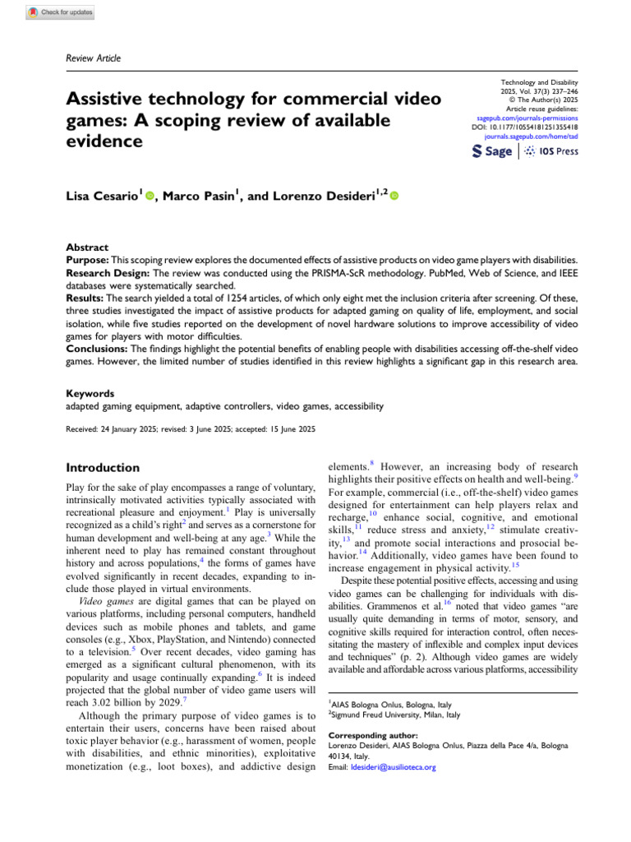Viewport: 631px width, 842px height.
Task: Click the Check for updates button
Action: coord(61,12)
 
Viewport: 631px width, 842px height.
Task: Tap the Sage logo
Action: coord(492,151)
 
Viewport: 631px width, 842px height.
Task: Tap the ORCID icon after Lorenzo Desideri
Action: coord(394,197)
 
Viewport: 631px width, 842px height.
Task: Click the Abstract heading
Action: coord(87,246)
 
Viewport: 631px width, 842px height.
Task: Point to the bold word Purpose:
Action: coord(89,259)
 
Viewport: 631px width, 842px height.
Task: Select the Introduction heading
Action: coord(102,467)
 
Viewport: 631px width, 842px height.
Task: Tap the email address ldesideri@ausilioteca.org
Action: coord(392,767)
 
